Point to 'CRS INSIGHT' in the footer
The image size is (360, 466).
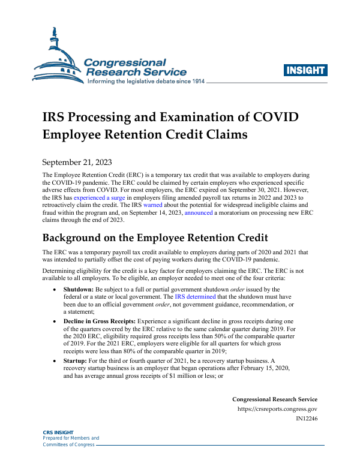[x=58, y=432]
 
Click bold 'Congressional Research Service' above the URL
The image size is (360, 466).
[x=275, y=399]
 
